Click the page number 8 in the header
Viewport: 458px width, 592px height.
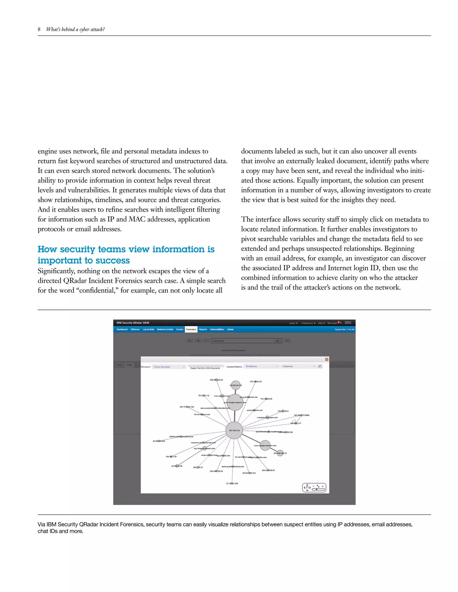[39, 29]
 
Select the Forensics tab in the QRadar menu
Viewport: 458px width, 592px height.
[191, 329]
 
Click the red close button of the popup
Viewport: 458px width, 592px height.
[327, 359]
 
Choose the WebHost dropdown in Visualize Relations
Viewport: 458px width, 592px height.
[298, 366]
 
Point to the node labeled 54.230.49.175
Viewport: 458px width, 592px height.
[235, 385]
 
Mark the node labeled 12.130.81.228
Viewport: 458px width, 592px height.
[232, 483]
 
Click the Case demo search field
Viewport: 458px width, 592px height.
[243, 341]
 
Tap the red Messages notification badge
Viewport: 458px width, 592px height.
[338, 322]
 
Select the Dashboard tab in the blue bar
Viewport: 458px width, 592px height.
[122, 329]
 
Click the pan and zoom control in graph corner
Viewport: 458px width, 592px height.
[314, 487]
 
